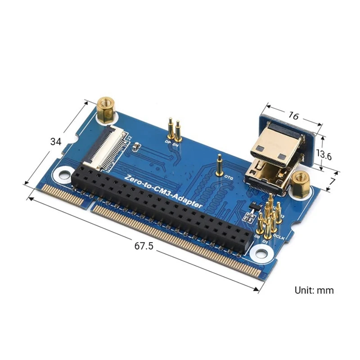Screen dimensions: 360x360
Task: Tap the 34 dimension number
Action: pyautogui.click(x=56, y=142)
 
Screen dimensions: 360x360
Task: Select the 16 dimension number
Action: pyautogui.click(x=293, y=116)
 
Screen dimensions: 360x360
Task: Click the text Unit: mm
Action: pyautogui.click(x=314, y=290)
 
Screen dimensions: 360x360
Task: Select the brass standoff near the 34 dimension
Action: pyautogui.click(x=106, y=110)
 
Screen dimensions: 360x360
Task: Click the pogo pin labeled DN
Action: pyautogui.click(x=177, y=131)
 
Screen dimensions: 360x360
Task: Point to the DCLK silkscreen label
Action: pyautogui.click(x=278, y=236)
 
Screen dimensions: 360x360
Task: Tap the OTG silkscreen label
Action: pyautogui.click(x=228, y=178)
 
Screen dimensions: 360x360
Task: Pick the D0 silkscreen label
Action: pyautogui.click(x=257, y=235)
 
